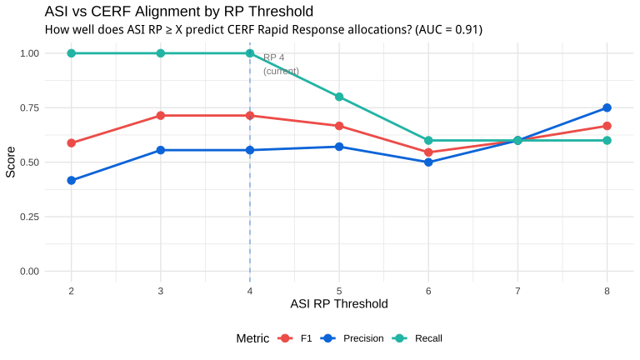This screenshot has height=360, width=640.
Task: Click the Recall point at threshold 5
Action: [339, 97]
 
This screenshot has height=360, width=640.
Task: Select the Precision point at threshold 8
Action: [607, 107]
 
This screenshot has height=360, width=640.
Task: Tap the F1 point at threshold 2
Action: [72, 142]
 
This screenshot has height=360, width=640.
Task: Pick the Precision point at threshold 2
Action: [72, 180]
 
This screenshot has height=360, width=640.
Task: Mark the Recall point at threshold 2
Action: [72, 53]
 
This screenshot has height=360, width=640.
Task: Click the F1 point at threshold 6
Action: [428, 152]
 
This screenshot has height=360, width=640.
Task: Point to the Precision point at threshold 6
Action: [428, 162]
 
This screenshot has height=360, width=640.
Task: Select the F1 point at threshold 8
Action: [607, 126]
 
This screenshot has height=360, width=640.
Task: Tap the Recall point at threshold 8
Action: [607, 140]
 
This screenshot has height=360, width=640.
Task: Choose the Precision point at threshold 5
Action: [339, 147]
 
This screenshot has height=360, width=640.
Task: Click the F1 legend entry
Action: [295, 338]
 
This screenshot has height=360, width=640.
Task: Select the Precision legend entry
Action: [352, 338]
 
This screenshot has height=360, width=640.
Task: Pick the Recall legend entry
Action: [417, 338]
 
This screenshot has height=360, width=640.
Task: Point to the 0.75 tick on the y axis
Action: [29, 107]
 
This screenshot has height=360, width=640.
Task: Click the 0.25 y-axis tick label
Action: [29, 217]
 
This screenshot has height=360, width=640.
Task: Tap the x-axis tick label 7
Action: [517, 291]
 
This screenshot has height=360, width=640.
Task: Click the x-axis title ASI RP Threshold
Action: [339, 303]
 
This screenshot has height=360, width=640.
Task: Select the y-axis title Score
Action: [11, 162]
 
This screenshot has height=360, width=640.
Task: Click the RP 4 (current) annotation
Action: [281, 64]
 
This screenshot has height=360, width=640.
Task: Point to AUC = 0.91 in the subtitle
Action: [448, 30]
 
